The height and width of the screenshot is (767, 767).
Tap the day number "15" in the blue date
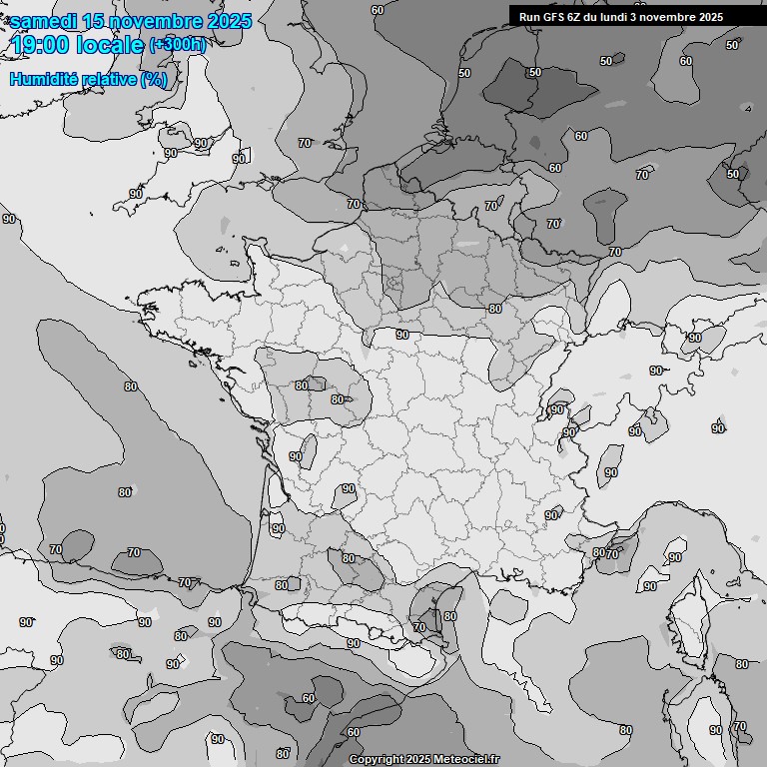click(x=95, y=21)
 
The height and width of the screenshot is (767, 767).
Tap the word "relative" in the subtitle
click(x=109, y=79)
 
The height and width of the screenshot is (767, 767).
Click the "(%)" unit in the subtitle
click(x=154, y=79)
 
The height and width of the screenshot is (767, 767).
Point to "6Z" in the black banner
click(x=576, y=17)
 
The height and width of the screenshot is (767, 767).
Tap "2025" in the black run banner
click(x=710, y=17)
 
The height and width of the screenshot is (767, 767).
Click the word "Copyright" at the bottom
click(x=377, y=760)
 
